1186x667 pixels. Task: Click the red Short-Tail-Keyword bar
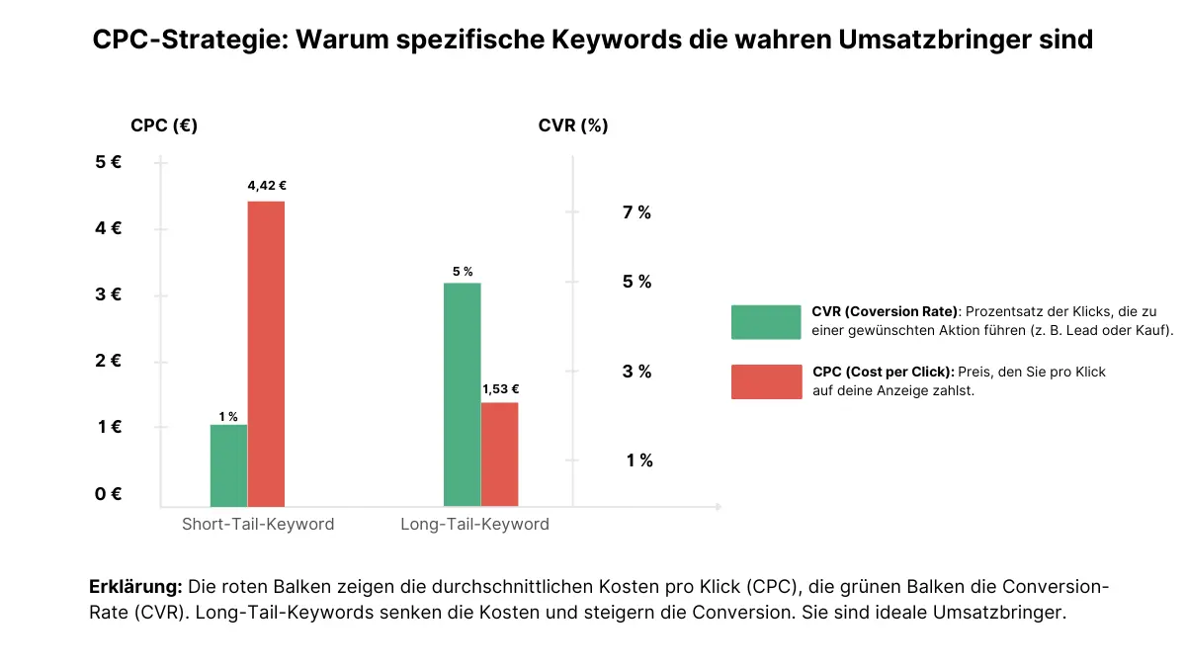point(266,354)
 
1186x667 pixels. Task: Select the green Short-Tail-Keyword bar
point(228,465)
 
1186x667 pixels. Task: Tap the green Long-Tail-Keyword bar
point(463,394)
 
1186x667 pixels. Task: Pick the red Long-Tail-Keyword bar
point(499,455)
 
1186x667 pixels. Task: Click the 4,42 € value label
point(267,186)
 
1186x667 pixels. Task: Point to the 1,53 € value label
point(500,389)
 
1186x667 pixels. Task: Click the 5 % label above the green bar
point(463,272)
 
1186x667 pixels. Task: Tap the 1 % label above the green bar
point(228,417)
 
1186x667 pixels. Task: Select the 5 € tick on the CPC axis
point(108,161)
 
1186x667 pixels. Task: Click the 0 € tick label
point(108,493)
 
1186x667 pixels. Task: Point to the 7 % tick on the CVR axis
point(636,212)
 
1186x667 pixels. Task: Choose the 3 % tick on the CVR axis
point(636,372)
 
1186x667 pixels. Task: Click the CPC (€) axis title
point(164,125)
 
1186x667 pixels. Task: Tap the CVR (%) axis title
point(573,125)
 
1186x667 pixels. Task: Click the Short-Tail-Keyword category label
point(258,524)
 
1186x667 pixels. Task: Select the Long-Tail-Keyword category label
point(474,524)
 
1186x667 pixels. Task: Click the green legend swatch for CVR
point(766,322)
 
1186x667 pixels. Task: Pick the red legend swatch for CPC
point(766,381)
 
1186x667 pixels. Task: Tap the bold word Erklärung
point(135,587)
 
